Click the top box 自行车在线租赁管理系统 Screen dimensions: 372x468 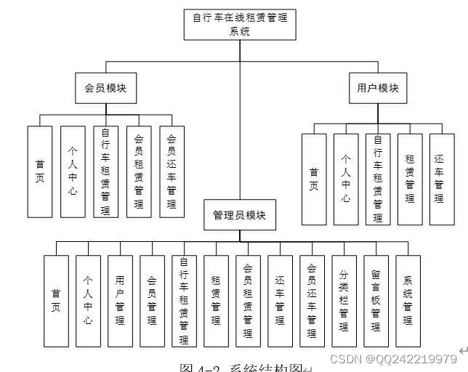pos(239,24)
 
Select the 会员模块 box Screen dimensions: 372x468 pos(105,89)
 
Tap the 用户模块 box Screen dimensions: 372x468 pos(377,89)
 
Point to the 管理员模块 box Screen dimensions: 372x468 pos(239,215)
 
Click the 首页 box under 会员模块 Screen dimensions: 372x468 pos(40,171)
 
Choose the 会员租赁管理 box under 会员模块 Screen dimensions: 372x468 pos(139,171)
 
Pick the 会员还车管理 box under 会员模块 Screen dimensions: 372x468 pos(172,171)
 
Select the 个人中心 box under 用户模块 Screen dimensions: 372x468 pos(346,179)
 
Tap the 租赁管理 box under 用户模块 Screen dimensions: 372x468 pos(410,179)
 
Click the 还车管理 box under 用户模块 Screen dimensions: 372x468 pos(440,179)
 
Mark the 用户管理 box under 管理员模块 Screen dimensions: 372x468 pos(120,300)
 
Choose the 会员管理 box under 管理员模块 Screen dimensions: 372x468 pos(152,300)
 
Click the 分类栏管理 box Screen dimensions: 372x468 pos(344,300)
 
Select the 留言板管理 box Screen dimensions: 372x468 pos(375,300)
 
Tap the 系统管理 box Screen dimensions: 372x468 pos(408,300)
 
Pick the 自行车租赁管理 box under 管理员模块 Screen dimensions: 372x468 pos(184,300)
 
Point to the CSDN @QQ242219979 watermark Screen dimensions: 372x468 pos(393,359)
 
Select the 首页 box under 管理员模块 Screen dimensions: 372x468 pos(56,300)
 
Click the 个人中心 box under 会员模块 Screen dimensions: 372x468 pos(73,171)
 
